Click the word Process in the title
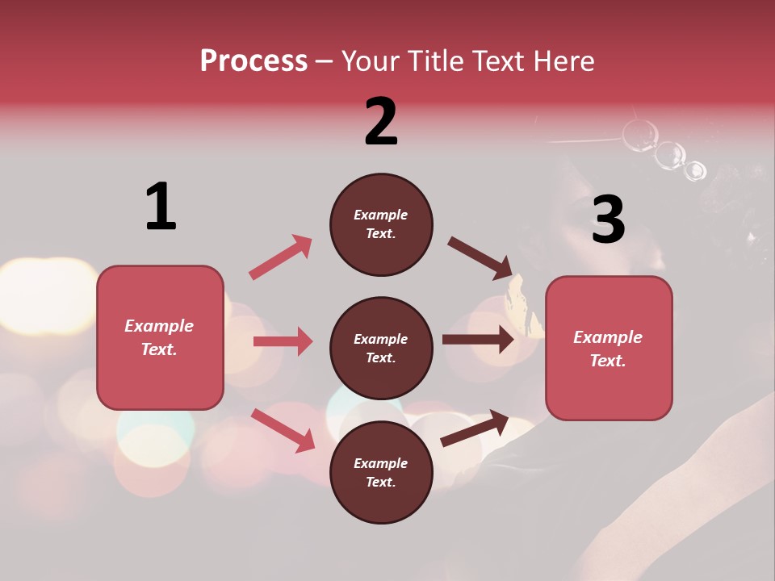253,61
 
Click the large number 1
161,207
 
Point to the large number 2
381,122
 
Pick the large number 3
608,219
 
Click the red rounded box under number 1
160,337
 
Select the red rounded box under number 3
609,348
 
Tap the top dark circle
381,224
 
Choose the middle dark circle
381,348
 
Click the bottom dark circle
381,472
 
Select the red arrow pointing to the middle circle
283,341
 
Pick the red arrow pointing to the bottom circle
283,430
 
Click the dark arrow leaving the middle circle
478,340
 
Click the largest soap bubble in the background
639,135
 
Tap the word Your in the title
371,61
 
